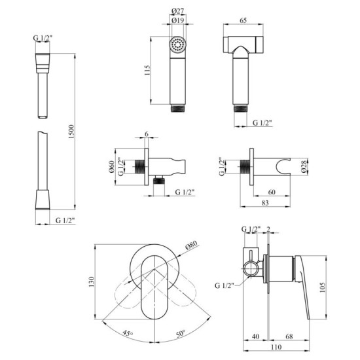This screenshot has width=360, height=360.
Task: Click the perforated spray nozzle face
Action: coord(175,45)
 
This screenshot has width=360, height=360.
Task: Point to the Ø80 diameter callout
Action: coord(192,246)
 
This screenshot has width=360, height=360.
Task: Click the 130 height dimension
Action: coord(92,281)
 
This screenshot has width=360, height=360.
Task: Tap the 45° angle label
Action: coord(126,333)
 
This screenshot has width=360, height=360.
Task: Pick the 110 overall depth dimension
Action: coord(279,350)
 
